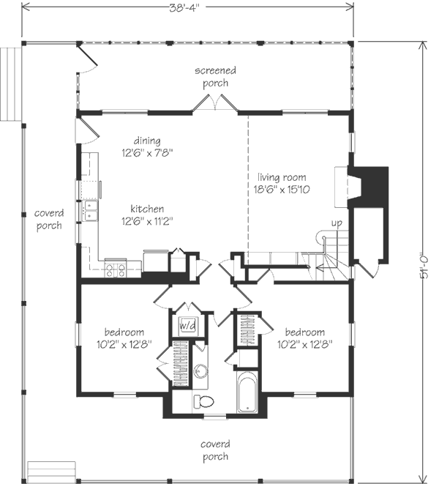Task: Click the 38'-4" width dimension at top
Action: [185, 7]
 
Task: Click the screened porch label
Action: [215, 77]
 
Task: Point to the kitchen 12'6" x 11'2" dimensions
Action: [147, 221]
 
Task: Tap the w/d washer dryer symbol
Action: [188, 325]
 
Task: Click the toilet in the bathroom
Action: [203, 402]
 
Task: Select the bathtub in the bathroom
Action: [247, 392]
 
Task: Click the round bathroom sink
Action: [200, 371]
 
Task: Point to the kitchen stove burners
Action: [116, 270]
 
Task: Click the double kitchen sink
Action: [91, 211]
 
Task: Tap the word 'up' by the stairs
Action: [337, 223]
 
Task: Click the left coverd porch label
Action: [49, 219]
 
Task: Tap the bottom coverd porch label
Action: [215, 450]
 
